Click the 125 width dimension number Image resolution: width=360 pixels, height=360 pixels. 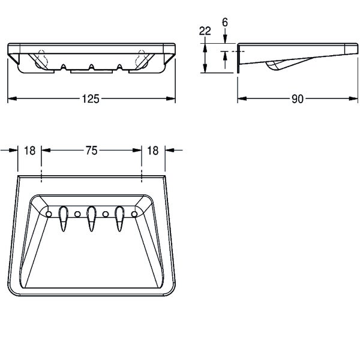click(x=91, y=99)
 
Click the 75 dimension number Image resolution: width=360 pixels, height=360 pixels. click(x=91, y=151)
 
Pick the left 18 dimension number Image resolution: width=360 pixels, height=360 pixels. click(x=29, y=151)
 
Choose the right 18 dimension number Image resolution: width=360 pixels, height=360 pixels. click(x=152, y=151)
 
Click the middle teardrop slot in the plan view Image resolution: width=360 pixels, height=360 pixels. click(x=91, y=217)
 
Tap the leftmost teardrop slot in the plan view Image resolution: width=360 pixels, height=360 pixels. click(x=63, y=217)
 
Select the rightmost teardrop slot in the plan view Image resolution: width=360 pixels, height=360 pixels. click(x=119, y=217)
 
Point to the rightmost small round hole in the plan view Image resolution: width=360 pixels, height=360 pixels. click(x=134, y=214)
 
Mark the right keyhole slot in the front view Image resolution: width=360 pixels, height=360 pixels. click(x=142, y=58)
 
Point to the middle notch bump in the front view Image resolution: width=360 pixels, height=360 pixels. click(x=91, y=65)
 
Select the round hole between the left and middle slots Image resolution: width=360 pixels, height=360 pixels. click(x=77, y=214)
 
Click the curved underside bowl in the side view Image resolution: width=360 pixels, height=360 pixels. click(x=277, y=66)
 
